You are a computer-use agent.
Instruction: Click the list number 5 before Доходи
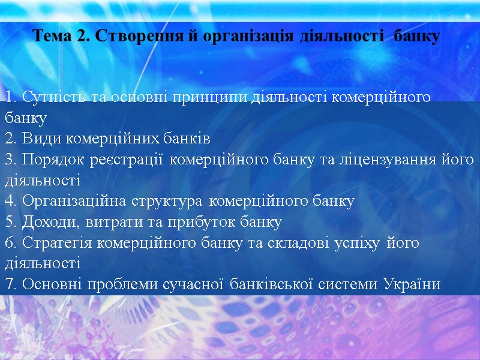coord(9,223)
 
